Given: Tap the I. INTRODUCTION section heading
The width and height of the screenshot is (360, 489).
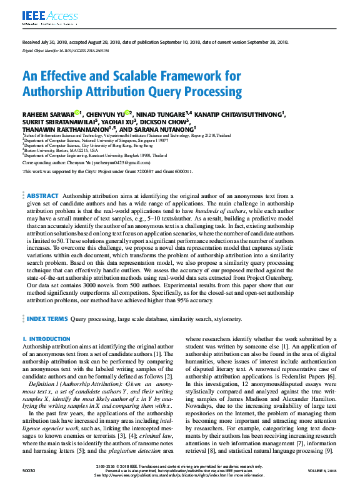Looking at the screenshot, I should click(46, 339).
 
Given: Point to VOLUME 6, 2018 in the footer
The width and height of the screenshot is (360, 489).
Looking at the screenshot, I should click(322, 477).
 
